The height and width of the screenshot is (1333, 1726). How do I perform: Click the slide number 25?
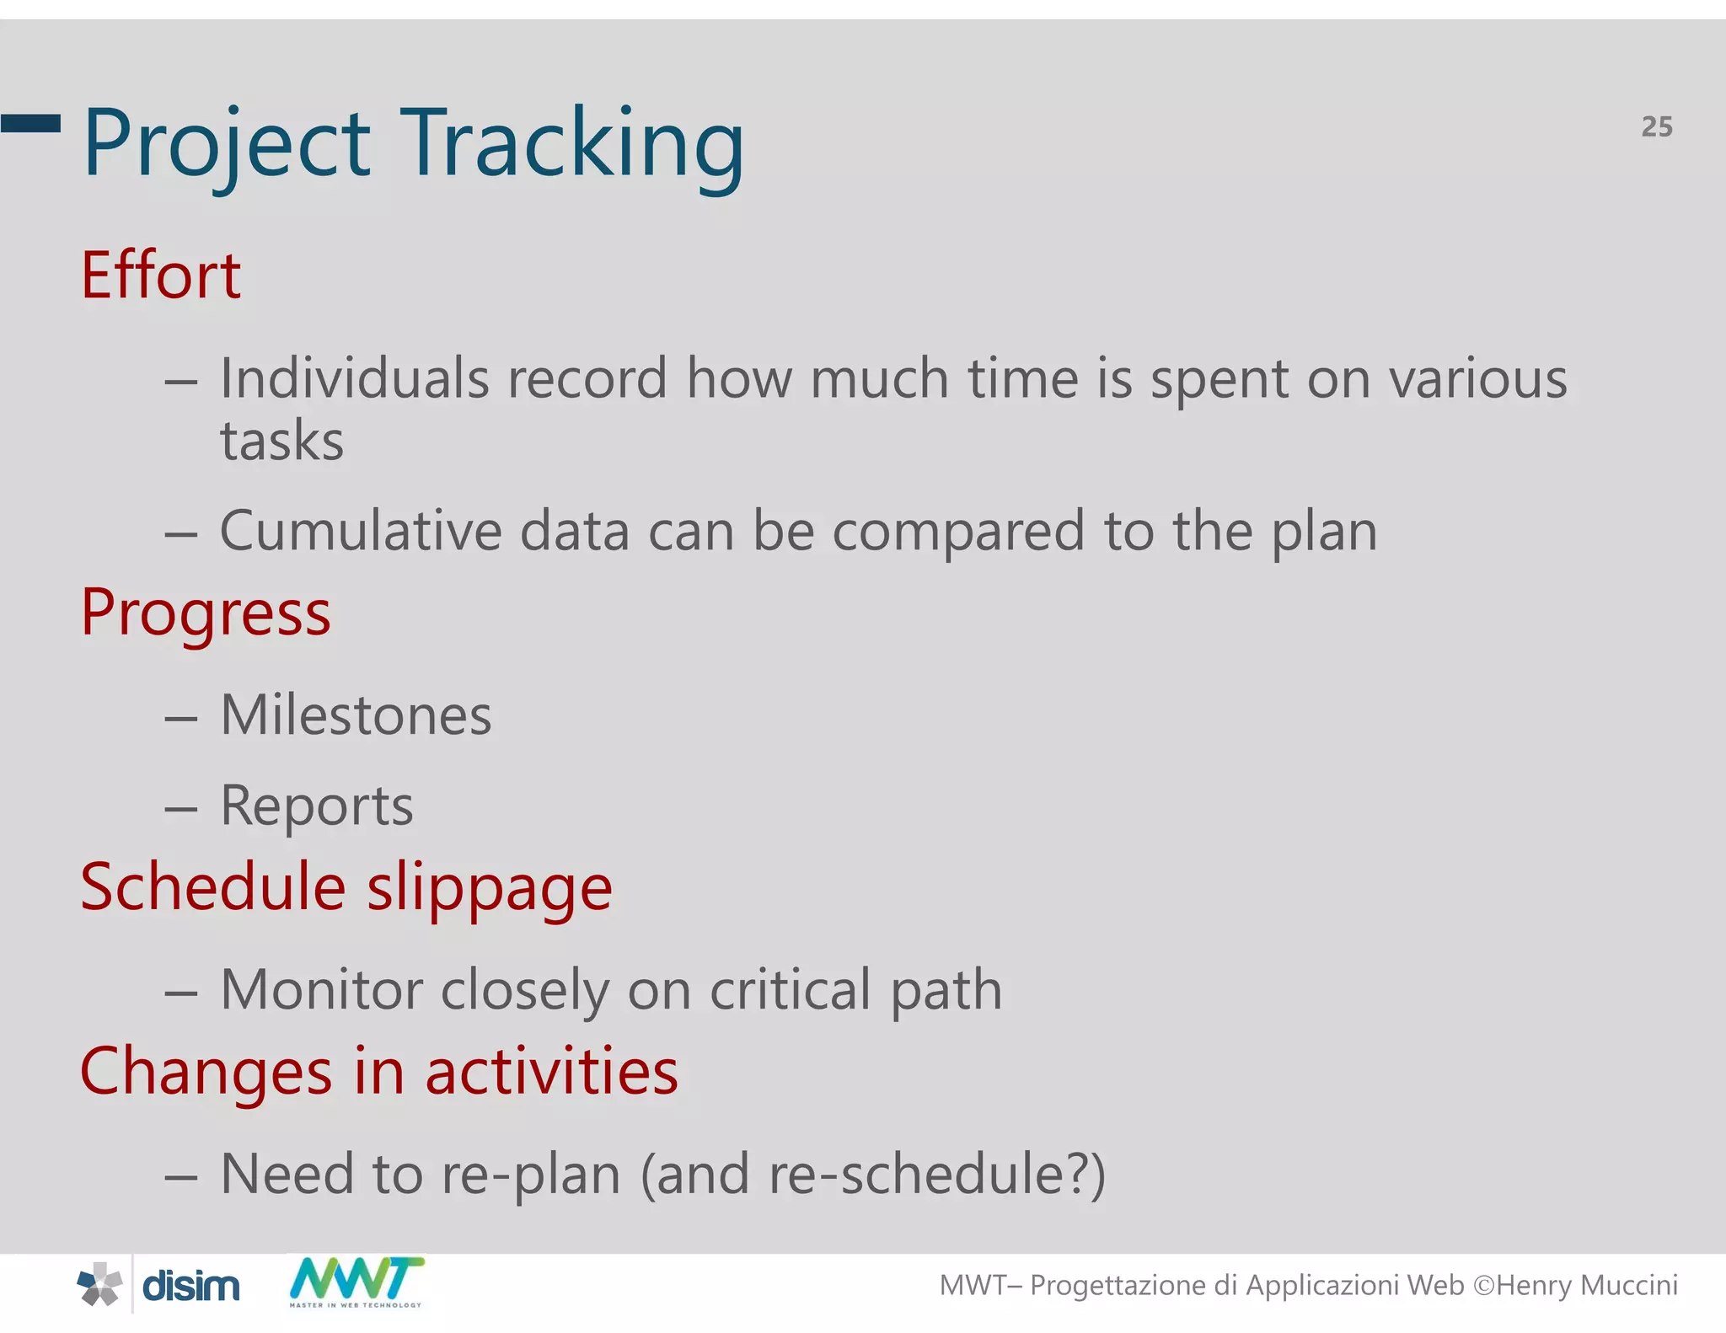click(x=1656, y=126)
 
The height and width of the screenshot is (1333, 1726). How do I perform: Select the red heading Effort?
click(x=160, y=276)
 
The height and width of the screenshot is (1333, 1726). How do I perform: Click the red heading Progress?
click(x=206, y=613)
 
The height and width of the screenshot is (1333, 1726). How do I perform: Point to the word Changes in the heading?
click(x=206, y=1072)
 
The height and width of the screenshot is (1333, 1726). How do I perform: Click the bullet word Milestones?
click(x=355, y=715)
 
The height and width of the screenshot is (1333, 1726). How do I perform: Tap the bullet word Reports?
click(x=316, y=806)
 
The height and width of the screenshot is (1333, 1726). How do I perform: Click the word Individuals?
click(x=354, y=378)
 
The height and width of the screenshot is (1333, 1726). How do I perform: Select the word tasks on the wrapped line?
click(x=281, y=441)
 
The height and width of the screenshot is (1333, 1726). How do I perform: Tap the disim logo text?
click(x=190, y=1287)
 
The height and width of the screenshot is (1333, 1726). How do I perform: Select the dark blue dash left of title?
click(x=30, y=124)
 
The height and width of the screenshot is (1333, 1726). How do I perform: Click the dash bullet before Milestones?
click(x=180, y=719)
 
